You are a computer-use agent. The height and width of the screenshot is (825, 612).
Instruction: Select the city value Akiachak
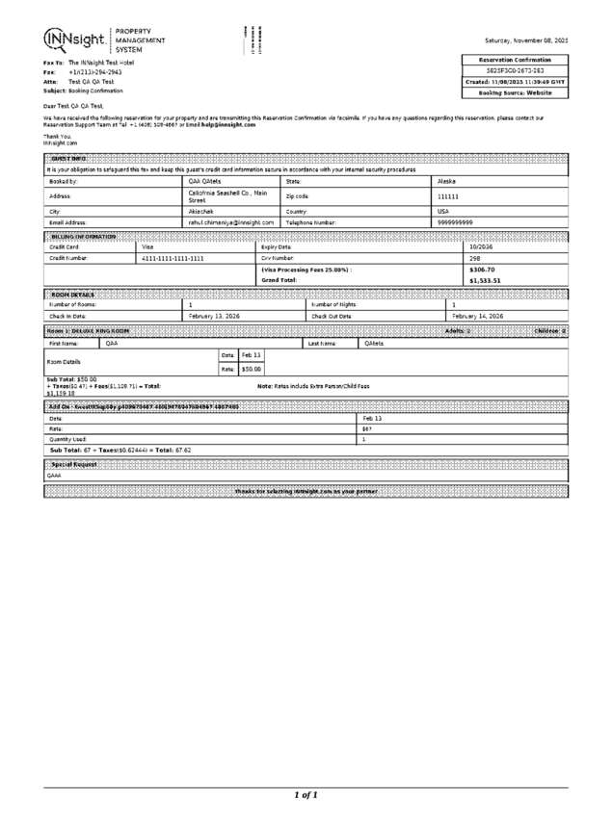pyautogui.click(x=205, y=210)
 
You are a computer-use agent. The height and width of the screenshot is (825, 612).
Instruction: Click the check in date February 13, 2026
pyautogui.click(x=214, y=315)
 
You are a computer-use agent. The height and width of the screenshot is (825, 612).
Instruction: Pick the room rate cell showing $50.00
pyautogui.click(x=251, y=368)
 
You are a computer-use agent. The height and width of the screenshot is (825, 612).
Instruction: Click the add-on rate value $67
pyautogui.click(x=367, y=429)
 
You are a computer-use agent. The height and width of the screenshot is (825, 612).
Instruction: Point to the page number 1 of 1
pyautogui.click(x=306, y=794)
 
